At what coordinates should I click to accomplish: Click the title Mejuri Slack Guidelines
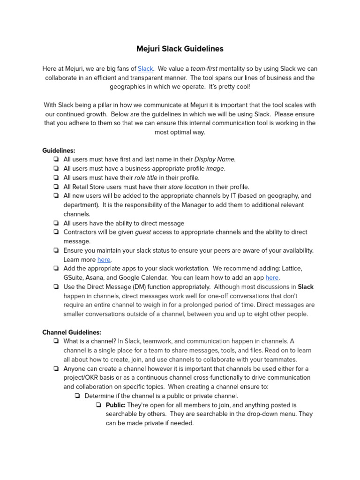click(x=180, y=49)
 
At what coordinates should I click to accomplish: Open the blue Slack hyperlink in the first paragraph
click(x=145, y=69)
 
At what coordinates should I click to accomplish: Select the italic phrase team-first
click(x=204, y=69)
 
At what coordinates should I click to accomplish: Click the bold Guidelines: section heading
click(x=59, y=150)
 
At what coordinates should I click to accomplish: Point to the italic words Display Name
click(x=215, y=160)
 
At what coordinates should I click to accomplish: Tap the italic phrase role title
click(x=146, y=178)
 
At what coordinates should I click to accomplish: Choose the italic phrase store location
click(x=187, y=187)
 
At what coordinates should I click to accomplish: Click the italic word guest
click(x=143, y=232)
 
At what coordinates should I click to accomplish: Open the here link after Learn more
click(x=104, y=260)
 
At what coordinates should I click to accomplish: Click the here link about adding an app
click(x=272, y=277)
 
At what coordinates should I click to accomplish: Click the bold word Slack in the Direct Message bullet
click(x=306, y=287)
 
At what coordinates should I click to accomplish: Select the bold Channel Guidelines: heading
click(x=72, y=332)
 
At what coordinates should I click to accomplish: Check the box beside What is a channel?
click(x=56, y=342)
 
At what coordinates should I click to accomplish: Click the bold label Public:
click(x=116, y=405)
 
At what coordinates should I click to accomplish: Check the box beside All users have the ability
click(x=56, y=224)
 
